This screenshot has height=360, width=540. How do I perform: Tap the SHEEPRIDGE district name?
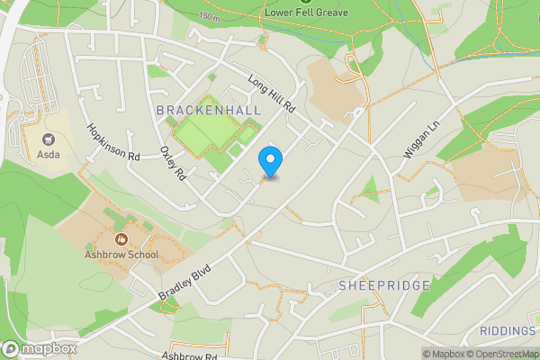pos(385,285)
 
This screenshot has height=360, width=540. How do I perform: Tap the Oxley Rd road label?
pos(171,162)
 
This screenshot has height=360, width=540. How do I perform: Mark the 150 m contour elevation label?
pos(210,17)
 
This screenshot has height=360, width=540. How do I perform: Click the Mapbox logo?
pos(39,349)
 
